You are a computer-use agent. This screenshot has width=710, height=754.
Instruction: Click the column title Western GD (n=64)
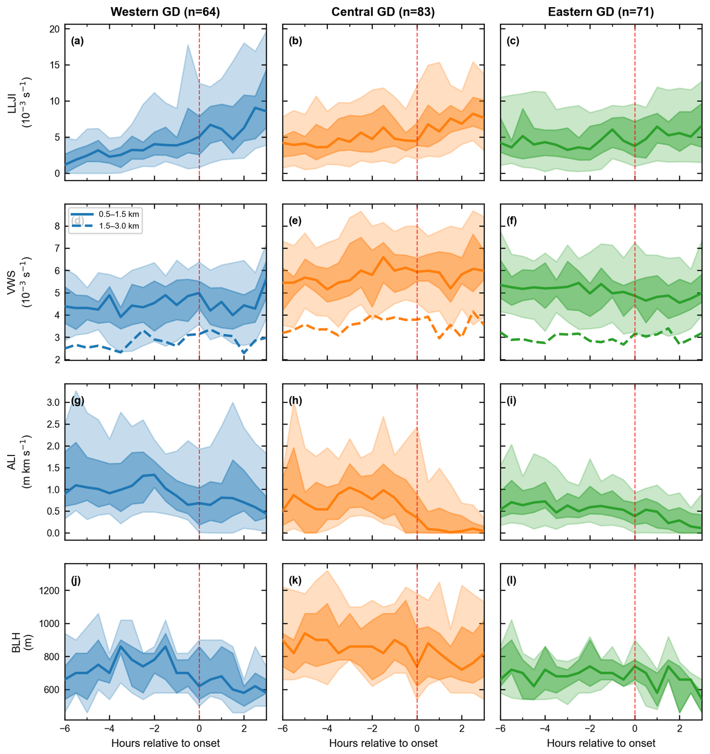pos(165,12)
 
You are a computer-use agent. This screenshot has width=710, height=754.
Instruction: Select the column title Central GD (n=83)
pos(383,12)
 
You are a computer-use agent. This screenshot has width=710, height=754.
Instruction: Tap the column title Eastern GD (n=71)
pos(601,12)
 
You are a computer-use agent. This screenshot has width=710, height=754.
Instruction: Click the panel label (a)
pos(77,41)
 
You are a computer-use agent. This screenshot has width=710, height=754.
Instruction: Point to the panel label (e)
pos(295,221)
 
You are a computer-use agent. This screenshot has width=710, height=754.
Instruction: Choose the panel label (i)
pos(511,401)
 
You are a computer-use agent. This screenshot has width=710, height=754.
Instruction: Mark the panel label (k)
pos(295,581)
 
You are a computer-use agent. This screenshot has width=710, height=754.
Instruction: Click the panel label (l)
pos(511,581)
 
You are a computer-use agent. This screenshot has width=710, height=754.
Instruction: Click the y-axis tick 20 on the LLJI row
pos(55,29)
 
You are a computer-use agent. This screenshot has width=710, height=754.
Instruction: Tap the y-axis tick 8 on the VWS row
pos(57,226)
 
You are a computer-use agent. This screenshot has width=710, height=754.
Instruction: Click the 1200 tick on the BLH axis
pos(50,590)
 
